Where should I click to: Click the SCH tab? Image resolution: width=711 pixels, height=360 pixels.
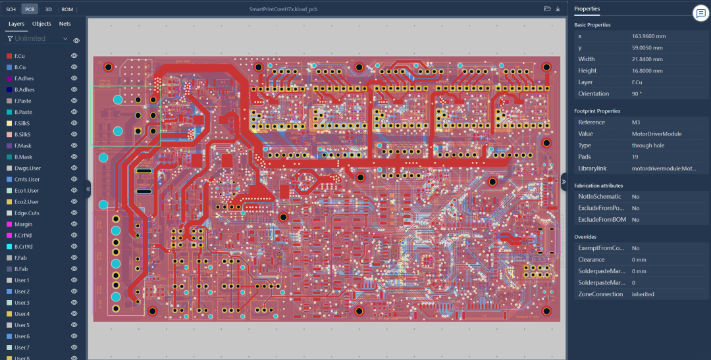tap(11, 9)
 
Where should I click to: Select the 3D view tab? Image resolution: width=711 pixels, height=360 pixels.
tap(49, 9)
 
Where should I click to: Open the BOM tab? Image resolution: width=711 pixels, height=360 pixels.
tap(67, 9)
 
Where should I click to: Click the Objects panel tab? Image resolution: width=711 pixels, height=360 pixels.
tap(41, 24)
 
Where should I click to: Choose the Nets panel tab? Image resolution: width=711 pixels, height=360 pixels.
tap(65, 24)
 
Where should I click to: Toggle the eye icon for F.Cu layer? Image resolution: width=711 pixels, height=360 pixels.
tap(74, 56)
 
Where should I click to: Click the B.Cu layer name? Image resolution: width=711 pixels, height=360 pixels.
tap(20, 67)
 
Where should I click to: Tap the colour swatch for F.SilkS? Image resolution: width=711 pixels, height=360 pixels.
tap(9, 123)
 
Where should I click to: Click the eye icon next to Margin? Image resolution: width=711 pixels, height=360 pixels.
tap(74, 224)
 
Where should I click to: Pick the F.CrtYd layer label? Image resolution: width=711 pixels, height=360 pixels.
tap(24, 235)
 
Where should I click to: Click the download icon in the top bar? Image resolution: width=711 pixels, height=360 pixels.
tap(558, 9)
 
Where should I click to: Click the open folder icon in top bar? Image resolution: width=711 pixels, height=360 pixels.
tap(547, 9)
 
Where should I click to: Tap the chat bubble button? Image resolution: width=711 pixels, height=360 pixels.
tap(700, 14)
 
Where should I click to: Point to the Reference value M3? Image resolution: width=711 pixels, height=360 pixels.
tap(636, 122)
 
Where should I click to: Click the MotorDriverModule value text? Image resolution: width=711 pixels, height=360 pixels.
tap(656, 134)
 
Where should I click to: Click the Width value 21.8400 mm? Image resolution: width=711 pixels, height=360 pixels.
tap(647, 59)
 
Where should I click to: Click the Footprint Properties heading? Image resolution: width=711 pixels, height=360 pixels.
tap(599, 111)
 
